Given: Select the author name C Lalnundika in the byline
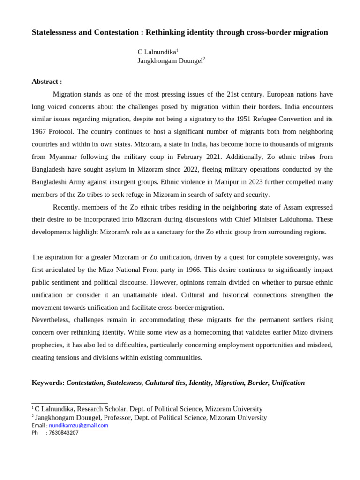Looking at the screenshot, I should point(157,52).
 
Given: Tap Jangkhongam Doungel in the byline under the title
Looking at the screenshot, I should point(170,61).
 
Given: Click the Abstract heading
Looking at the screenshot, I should point(46,82).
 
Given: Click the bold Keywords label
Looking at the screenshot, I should point(48,383).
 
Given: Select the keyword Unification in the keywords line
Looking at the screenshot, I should point(288,383).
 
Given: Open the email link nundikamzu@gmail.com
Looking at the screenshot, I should point(78,425).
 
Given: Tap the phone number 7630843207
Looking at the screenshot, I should point(64,433).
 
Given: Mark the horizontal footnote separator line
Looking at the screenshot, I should point(69,403).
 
